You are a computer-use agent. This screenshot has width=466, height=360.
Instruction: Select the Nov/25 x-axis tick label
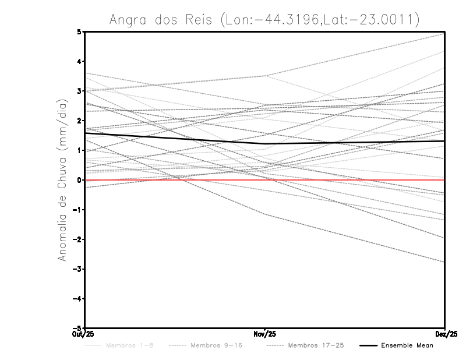[265, 334]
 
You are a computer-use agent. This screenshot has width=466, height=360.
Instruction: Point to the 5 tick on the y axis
[79, 31]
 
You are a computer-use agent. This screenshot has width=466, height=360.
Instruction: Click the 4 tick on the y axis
[79, 61]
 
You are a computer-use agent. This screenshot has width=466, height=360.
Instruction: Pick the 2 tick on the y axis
[79, 121]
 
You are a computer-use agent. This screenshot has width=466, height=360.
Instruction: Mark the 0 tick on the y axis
[79, 180]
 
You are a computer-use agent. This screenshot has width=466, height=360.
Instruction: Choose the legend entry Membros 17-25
[316, 345]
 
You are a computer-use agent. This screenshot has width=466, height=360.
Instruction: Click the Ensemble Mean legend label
[407, 345]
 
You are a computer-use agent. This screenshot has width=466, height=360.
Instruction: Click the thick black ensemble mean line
[175, 138]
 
